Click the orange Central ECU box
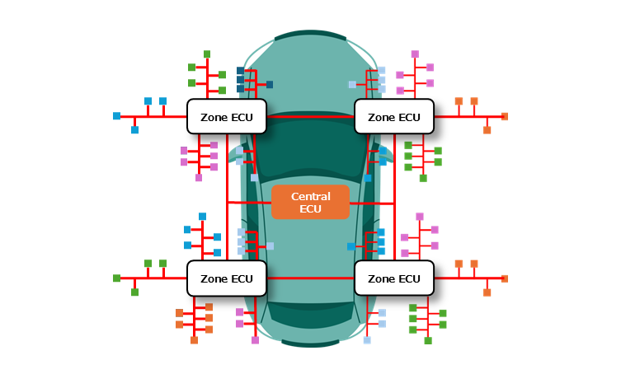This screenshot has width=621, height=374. click(x=310, y=202)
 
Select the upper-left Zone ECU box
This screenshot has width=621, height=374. click(x=227, y=117)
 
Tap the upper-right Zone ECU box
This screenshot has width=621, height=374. click(x=393, y=117)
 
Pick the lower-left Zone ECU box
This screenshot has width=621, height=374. click(x=227, y=278)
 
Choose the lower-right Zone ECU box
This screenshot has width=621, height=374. click(x=393, y=278)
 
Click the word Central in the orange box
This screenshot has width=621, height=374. click(x=310, y=196)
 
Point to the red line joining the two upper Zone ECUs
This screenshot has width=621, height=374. click(x=310, y=117)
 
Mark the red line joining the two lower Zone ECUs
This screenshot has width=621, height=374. click(x=310, y=278)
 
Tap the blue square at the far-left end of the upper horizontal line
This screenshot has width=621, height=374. click(x=116, y=116)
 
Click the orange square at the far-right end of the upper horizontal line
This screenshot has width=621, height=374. click(x=505, y=116)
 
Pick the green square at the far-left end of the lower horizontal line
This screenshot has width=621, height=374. click(x=116, y=278)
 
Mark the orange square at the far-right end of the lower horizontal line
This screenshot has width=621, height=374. click(x=505, y=278)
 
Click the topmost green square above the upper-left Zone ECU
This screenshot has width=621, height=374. click(x=207, y=54)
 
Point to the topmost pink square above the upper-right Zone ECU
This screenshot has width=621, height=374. click(x=415, y=54)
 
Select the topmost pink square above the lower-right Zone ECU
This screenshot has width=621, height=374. click(x=420, y=217)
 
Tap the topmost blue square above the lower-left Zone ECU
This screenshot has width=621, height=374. click(x=202, y=217)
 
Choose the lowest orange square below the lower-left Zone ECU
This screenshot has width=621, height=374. click(x=194, y=339)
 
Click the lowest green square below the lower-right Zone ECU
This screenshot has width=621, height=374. click(x=428, y=339)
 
